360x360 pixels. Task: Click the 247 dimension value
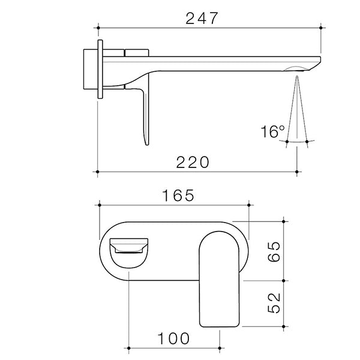click(x=201, y=17)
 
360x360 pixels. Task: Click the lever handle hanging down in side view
click(x=145, y=114)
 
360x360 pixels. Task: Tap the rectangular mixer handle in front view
click(x=219, y=279)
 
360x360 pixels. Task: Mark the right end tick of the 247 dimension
click(x=322, y=27)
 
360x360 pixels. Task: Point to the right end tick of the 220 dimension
click(x=298, y=172)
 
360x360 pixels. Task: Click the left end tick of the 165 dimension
click(x=98, y=205)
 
